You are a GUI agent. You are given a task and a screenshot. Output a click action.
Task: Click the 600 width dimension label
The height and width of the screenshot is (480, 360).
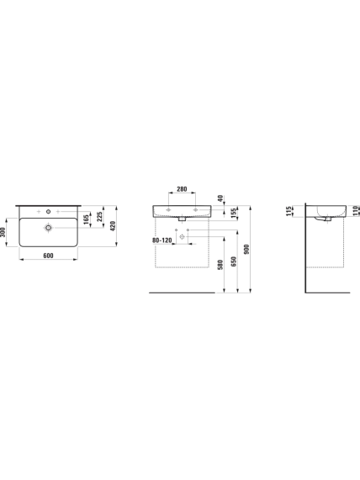(49, 256)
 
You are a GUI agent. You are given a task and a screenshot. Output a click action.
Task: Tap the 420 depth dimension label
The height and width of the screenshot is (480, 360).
(113, 226)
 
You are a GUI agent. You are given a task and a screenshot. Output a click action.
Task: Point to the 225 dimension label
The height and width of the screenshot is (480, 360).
(99, 217)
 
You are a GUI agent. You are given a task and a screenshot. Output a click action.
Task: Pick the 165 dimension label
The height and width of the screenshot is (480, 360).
(86, 219)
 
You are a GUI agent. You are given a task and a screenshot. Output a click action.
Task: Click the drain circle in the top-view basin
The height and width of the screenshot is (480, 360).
(48, 228)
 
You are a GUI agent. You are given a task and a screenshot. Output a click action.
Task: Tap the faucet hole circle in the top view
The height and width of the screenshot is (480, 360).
(48, 211)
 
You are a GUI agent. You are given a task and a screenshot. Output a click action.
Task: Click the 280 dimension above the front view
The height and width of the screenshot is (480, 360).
(182, 189)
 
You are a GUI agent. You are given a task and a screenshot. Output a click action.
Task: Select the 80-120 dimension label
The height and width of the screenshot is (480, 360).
(162, 240)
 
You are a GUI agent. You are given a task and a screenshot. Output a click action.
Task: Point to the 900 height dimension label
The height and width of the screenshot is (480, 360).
(247, 249)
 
